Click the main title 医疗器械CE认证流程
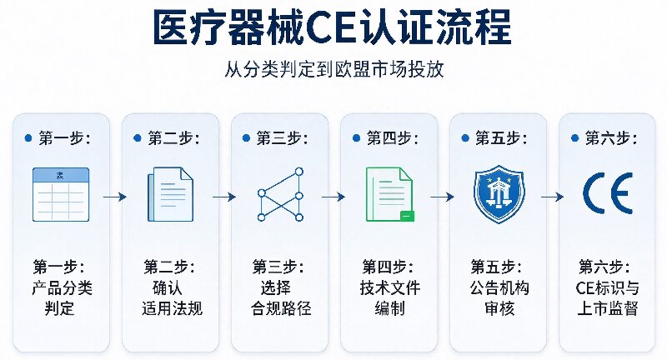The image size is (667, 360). tap(332, 28)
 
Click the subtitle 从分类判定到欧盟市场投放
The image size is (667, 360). tap(334, 70)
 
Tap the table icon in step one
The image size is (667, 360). tap(61, 195)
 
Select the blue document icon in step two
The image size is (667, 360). tap(170, 195)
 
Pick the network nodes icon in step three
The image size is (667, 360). tap(280, 195)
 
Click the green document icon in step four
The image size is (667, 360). tap(389, 195)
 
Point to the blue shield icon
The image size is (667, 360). tap(499, 194)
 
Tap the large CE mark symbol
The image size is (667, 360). tap(608, 193)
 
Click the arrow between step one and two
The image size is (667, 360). tap(115, 197)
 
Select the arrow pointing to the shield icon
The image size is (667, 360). tap(443, 197)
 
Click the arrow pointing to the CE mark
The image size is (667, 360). tap(552, 197)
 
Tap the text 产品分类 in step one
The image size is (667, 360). tap(62, 287)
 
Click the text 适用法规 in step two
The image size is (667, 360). tap(172, 308)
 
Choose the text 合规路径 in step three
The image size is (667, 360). tap(281, 308)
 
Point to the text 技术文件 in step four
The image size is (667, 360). tap(390, 287)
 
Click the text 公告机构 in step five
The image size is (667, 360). tap(499, 287)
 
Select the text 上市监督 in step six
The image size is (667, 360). tap(608, 308)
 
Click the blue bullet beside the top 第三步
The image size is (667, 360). tap(246, 138)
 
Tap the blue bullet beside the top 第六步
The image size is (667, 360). tap(574, 138)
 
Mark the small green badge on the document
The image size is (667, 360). tap(407, 216)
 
